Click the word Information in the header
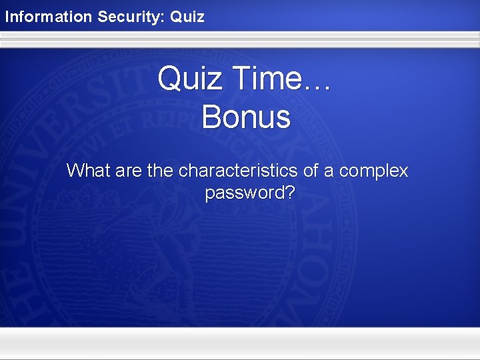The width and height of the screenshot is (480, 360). pos(49,16)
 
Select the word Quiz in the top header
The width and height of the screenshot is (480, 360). pos(187,16)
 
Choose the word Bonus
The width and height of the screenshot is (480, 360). pos(246,117)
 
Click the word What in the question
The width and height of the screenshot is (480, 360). pos(89,171)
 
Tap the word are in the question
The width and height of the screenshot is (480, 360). pos(129,171)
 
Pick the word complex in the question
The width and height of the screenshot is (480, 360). pos(373,172)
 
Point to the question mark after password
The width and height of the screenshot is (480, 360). pos(290,193)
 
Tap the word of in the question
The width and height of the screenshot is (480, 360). pos(311,171)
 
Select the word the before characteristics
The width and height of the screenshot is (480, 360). pos(160,171)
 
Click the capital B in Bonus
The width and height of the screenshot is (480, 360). pos(211,117)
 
